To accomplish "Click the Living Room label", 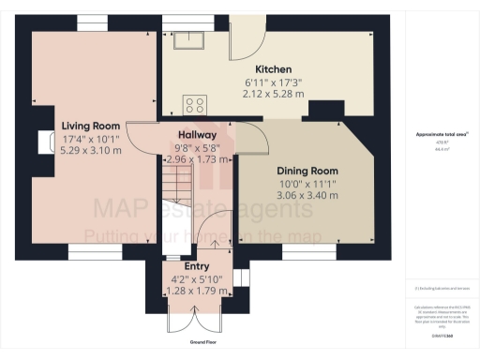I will (91, 125).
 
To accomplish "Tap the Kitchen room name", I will (274, 69).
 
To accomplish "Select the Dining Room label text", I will (307, 170).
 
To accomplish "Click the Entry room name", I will (196, 266).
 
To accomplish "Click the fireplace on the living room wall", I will (43, 142).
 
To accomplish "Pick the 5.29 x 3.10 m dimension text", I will (91, 148).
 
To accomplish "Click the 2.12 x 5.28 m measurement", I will (274, 94).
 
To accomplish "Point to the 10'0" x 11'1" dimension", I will (307, 184).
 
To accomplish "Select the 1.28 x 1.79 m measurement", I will (196, 291).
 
